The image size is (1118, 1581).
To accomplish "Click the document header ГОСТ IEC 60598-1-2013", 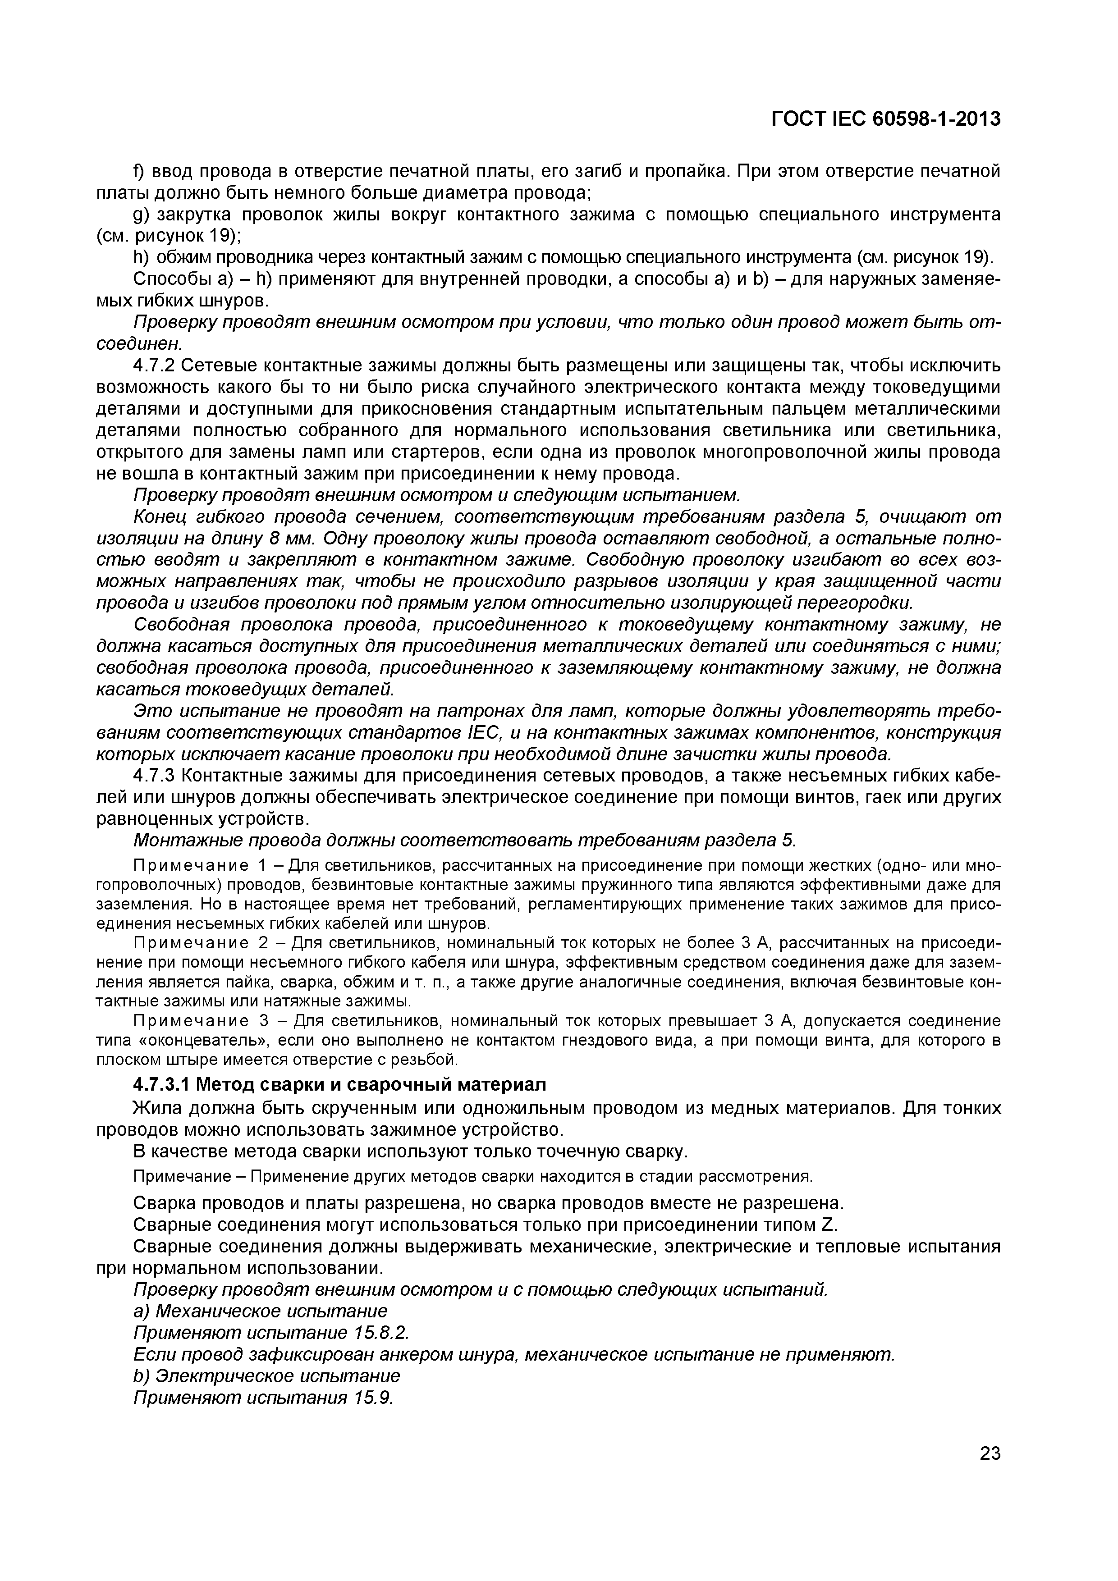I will [885, 119].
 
